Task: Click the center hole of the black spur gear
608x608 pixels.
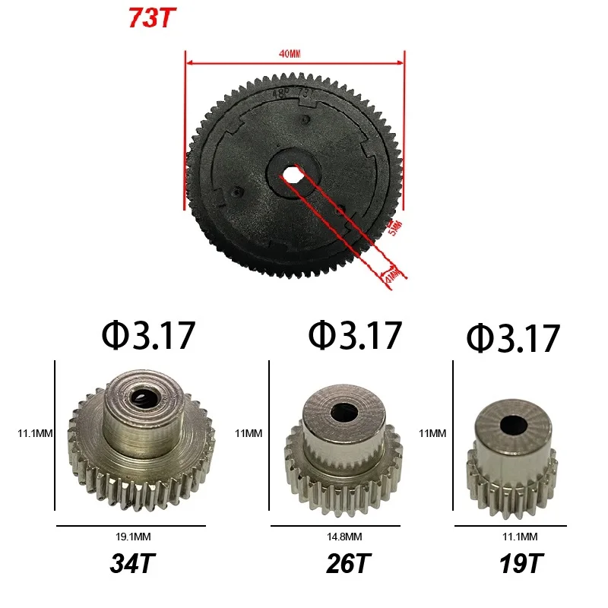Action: coord(293,174)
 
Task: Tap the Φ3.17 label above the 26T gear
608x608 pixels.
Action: coord(354,334)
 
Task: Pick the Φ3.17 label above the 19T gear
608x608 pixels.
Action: coord(514,339)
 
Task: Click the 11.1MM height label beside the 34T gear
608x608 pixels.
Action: coord(34,434)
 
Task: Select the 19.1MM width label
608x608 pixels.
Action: coord(131,536)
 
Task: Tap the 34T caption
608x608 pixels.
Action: coord(132,565)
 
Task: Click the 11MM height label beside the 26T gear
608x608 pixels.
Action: coord(249,434)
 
